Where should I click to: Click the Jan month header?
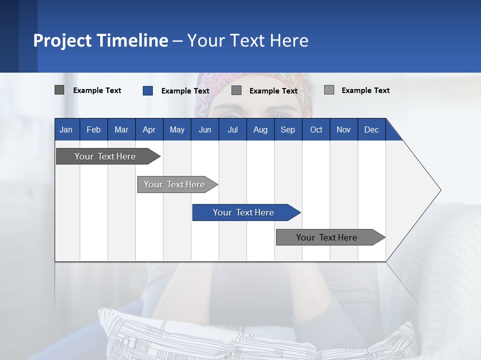coord(66,129)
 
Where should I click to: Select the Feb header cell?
coord(94,129)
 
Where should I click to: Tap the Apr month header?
coord(149,129)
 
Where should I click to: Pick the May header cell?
coord(177,129)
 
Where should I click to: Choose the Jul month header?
coord(232,129)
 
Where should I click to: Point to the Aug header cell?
coord(260,129)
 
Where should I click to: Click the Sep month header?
coord(288,129)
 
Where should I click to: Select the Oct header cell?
coord(316,129)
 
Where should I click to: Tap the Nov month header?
coord(344,129)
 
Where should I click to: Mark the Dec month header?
coord(371,129)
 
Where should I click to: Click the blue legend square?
coord(147,90)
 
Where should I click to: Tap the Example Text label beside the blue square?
coord(185,91)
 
